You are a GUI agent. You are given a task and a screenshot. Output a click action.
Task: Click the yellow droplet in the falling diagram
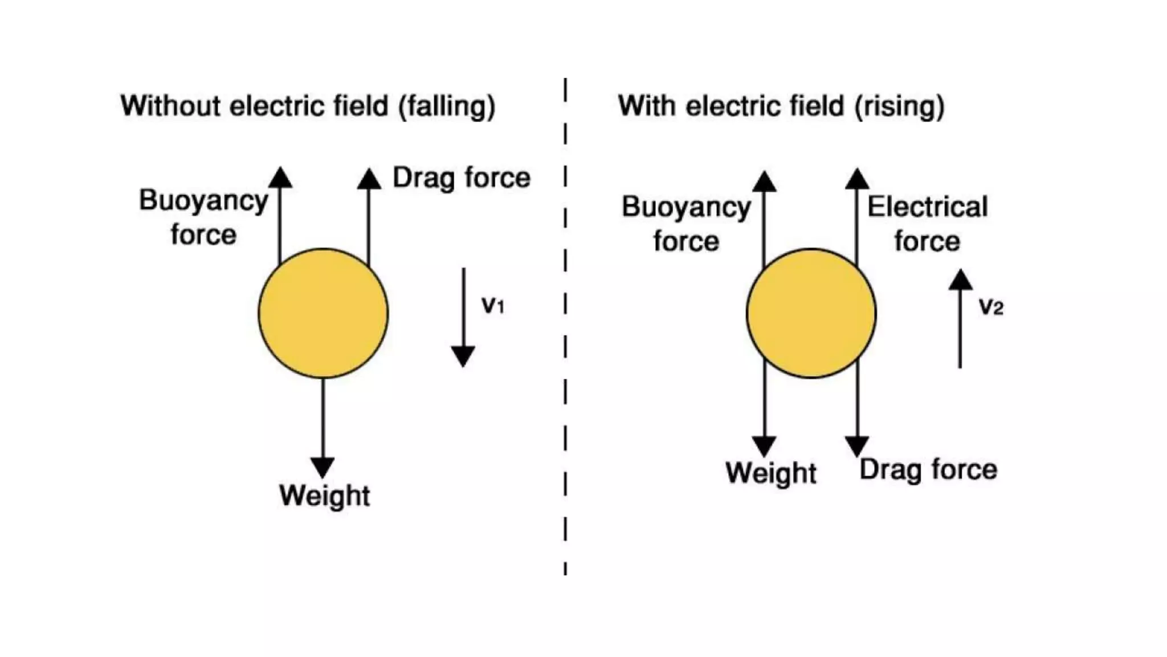pyautogui.click(x=323, y=313)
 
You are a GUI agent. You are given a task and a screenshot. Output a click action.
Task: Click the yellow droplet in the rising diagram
pyautogui.click(x=811, y=313)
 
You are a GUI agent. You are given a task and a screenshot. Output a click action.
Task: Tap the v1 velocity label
pyautogui.click(x=493, y=306)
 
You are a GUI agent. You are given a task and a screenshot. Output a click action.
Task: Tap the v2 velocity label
pyautogui.click(x=991, y=307)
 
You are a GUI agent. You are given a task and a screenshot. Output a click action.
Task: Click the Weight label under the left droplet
pyautogui.click(x=324, y=495)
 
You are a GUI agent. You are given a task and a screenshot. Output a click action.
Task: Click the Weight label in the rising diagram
pyautogui.click(x=771, y=473)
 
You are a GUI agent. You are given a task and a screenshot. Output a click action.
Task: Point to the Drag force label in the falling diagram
pyautogui.click(x=462, y=177)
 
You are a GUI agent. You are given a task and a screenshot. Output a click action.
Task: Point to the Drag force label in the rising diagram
pyautogui.click(x=928, y=470)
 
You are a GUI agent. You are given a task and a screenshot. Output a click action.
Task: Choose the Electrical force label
pyautogui.click(x=927, y=224)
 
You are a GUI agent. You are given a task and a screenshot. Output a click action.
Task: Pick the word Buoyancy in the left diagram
pyautogui.click(x=203, y=201)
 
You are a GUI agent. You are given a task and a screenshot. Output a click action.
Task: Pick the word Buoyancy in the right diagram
pyautogui.click(x=686, y=207)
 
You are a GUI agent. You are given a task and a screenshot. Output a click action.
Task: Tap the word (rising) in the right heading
pyautogui.click(x=899, y=107)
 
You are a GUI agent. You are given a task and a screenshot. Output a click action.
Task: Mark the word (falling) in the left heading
pyautogui.click(x=447, y=107)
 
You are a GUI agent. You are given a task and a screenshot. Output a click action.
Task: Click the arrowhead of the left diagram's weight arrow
pyautogui.click(x=323, y=467)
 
